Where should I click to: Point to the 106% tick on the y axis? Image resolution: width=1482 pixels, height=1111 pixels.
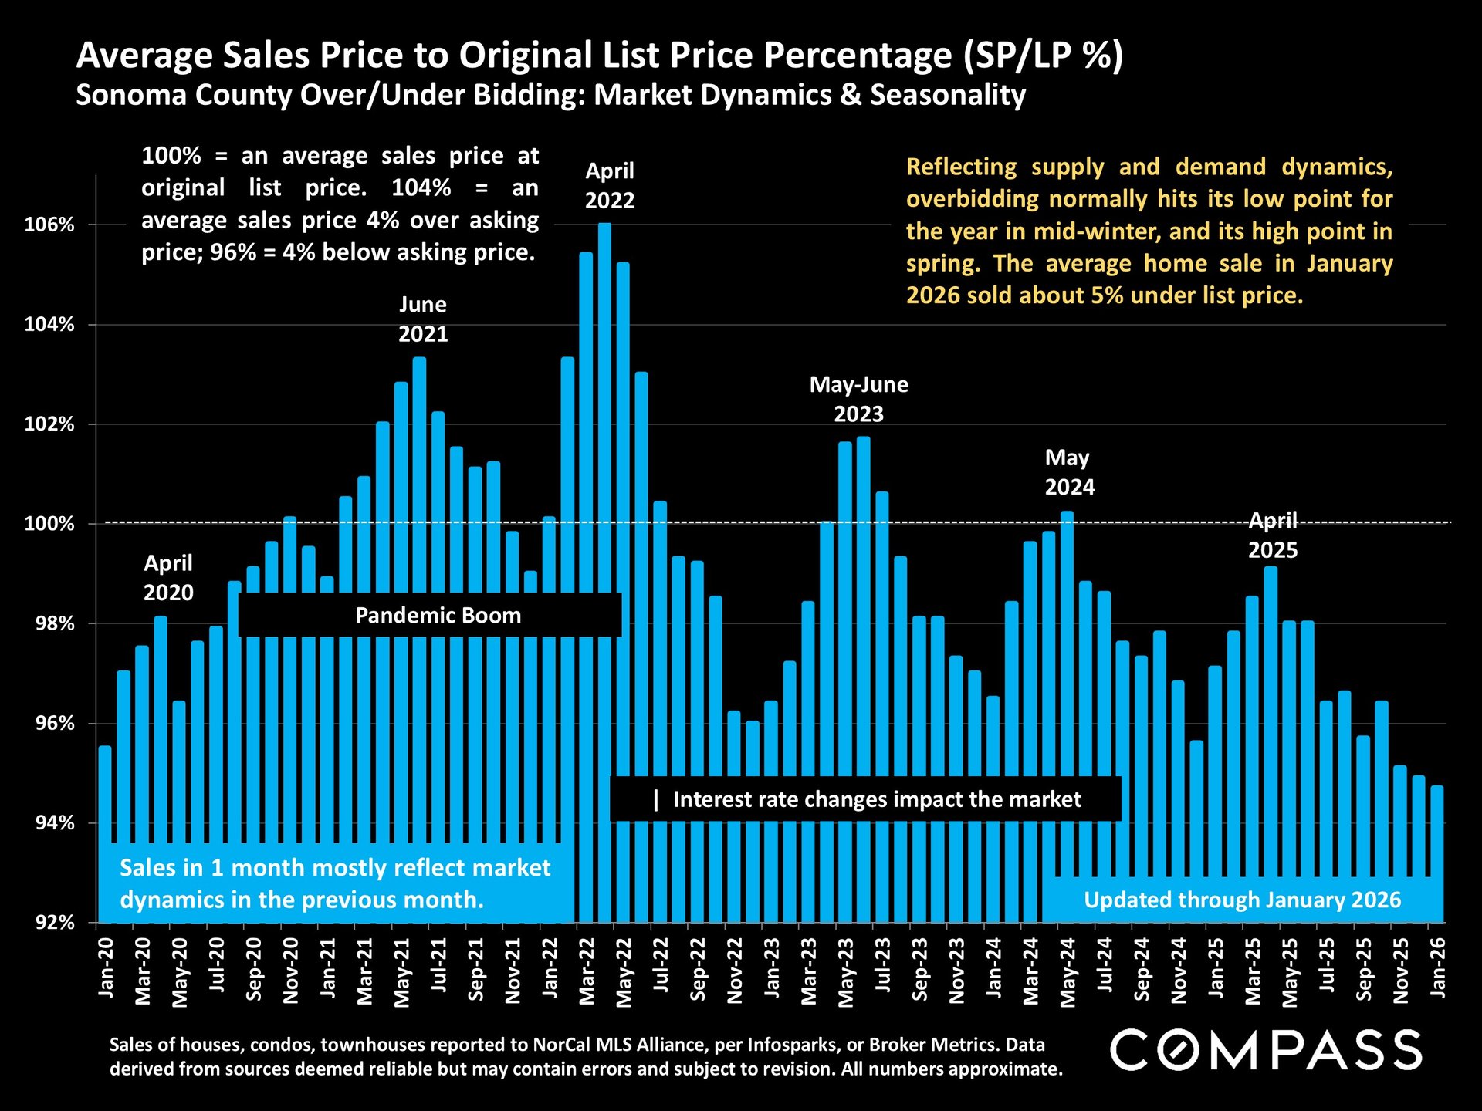(x=49, y=225)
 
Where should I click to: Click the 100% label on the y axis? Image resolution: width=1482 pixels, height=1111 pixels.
(x=49, y=524)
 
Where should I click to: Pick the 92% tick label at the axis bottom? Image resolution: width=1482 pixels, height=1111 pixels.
(x=55, y=923)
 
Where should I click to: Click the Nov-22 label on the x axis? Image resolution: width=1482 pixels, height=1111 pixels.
(x=735, y=971)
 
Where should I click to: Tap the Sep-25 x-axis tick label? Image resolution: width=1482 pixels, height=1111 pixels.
(x=1364, y=970)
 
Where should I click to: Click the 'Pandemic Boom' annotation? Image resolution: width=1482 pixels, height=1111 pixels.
(x=438, y=616)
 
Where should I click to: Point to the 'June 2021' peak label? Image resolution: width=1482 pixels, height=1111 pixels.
(x=423, y=319)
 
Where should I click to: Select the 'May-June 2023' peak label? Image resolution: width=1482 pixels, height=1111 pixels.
(x=858, y=399)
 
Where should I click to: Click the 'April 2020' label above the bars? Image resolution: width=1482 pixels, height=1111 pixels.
(x=168, y=578)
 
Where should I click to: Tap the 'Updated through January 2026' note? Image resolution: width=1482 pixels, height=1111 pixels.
(x=1242, y=900)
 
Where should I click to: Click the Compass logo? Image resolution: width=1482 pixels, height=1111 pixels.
(x=1266, y=1051)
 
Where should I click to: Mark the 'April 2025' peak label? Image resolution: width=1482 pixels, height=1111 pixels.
(x=1273, y=535)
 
